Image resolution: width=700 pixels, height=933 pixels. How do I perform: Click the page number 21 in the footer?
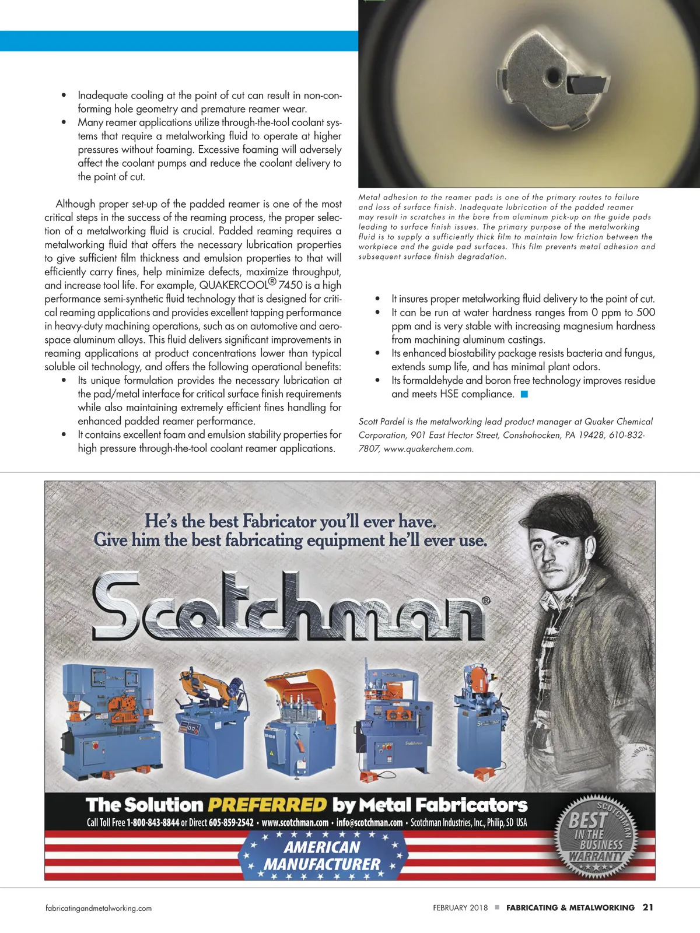pos(648,907)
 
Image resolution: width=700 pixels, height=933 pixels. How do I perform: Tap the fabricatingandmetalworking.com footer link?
pos(99,908)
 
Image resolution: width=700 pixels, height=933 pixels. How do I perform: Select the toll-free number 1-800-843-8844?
pos(153,822)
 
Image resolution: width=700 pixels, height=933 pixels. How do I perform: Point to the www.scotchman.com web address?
pos(295,822)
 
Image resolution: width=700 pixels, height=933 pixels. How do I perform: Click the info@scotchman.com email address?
pos(369,822)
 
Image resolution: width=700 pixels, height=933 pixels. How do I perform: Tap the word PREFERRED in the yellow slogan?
pos(267,805)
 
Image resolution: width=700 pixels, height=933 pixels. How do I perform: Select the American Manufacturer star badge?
pos(323,855)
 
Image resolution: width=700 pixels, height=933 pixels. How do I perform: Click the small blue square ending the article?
pos(524,394)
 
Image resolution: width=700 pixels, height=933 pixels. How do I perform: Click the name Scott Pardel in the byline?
pos(381,422)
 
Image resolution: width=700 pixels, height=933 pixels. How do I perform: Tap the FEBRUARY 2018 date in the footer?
pos(460,908)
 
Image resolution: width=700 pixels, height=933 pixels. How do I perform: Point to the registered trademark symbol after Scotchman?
pos(486,600)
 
